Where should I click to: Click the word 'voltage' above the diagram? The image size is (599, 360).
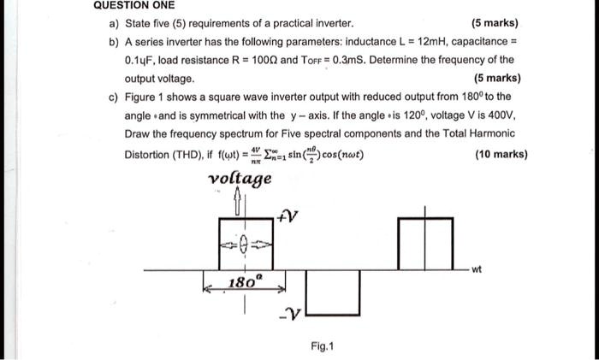240,179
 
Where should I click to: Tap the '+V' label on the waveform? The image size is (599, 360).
288,216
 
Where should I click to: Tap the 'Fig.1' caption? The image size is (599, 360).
323,346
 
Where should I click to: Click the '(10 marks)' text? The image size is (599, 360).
500,155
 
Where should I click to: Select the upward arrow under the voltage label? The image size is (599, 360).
240,204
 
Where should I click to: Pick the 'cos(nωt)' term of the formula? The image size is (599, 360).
341,156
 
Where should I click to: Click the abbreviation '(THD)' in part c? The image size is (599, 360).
183,155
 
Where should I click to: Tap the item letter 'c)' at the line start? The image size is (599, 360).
114,97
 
